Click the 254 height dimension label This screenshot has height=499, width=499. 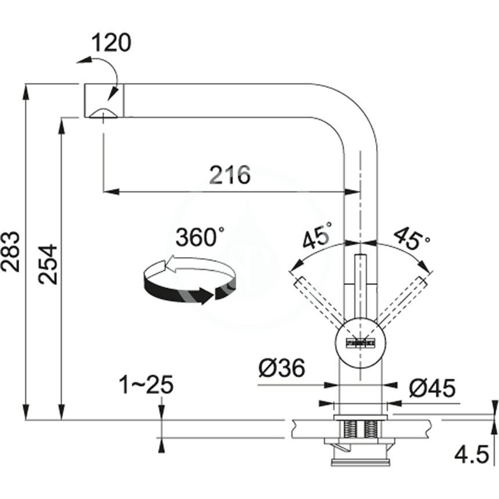pos(49,264)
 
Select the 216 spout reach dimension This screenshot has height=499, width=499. pos(229,174)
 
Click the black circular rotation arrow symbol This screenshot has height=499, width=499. pos(189,281)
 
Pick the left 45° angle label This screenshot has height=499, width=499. pos(317,235)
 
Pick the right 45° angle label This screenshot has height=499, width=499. pos(413,237)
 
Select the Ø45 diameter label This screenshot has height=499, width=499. pos(432,388)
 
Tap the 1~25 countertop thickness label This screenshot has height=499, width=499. pos(146,385)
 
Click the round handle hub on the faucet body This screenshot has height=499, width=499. pos(360,342)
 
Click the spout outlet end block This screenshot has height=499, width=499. pos(104,101)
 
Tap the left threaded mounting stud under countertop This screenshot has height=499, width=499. pos(350,429)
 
